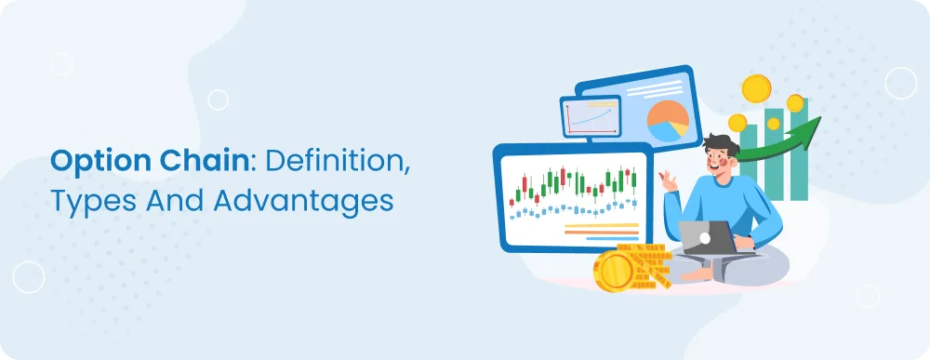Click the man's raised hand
pos(669,179)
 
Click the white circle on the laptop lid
pos(706,237)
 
